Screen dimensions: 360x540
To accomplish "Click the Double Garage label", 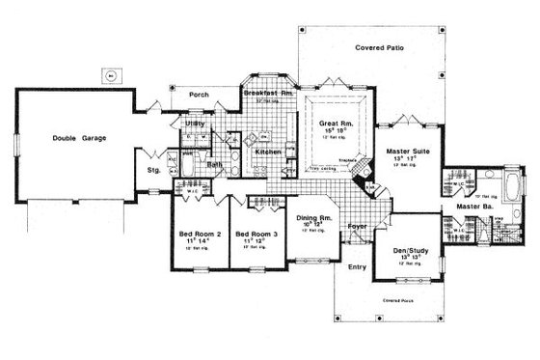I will click(x=80, y=138).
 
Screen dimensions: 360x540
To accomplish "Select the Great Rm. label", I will click(x=337, y=124).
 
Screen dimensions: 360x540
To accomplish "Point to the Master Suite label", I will click(x=407, y=152).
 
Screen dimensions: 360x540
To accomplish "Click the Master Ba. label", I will click(x=462, y=207).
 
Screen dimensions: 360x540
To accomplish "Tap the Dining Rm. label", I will click(x=312, y=220).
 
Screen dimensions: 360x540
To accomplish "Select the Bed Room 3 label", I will click(x=256, y=235).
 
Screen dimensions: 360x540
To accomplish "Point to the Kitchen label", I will click(x=267, y=152).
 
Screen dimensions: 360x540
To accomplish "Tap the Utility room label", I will click(x=194, y=125).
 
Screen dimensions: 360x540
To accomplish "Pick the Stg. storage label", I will click(x=152, y=170).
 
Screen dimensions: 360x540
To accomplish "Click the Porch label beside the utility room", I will click(x=200, y=95).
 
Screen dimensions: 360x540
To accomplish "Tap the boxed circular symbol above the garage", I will click(x=111, y=73).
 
